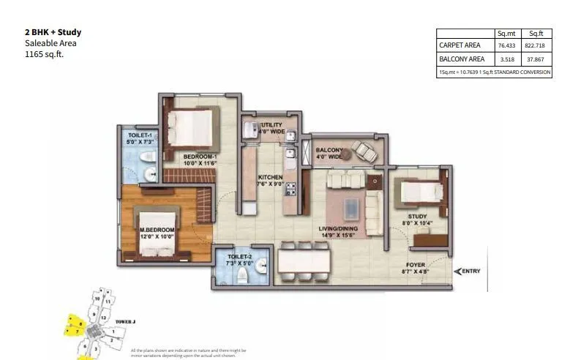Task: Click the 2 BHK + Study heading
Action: click(53, 32)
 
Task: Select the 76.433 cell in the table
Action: click(506, 45)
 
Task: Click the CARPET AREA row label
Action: click(460, 45)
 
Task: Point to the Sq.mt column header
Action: click(506, 33)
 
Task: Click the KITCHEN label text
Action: click(270, 178)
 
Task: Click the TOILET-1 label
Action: click(139, 136)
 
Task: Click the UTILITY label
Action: click(271, 125)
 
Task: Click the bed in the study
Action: click(419, 191)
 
